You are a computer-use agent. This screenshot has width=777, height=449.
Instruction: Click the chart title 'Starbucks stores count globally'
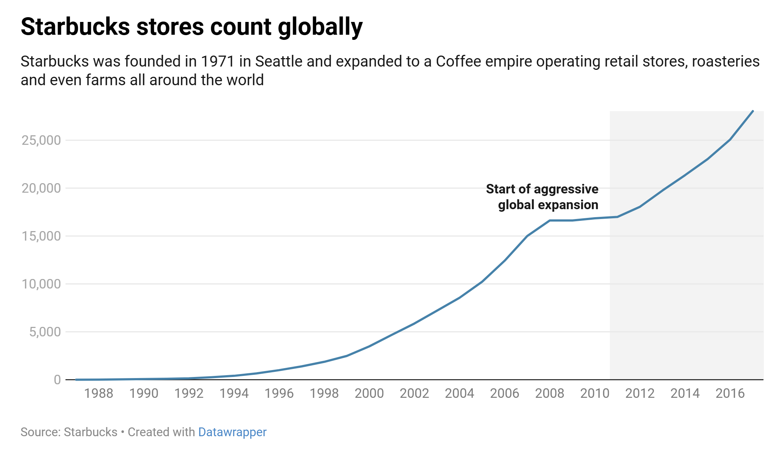pyautogui.click(x=191, y=27)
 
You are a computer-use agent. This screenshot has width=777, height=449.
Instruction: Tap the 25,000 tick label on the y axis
pyautogui.click(x=41, y=140)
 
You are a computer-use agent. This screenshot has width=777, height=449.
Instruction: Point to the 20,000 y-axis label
pyautogui.click(x=41, y=188)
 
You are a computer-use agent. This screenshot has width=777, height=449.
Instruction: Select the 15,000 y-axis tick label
pyautogui.click(x=41, y=236)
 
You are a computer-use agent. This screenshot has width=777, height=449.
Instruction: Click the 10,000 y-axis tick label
pyautogui.click(x=41, y=284)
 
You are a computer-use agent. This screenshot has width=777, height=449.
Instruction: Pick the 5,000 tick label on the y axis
pyautogui.click(x=45, y=332)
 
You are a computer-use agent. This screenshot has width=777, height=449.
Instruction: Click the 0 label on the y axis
pyautogui.click(x=57, y=380)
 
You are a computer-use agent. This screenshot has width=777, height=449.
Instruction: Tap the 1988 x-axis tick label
pyautogui.click(x=98, y=393)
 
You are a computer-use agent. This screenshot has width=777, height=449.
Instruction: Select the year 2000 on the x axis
pyautogui.click(x=369, y=393)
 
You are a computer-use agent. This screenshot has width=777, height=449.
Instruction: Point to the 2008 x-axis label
pyautogui.click(x=549, y=393)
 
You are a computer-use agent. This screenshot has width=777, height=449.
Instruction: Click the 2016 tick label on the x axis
pyautogui.click(x=730, y=393)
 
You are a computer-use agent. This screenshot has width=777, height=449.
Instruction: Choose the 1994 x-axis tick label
pyautogui.click(x=234, y=393)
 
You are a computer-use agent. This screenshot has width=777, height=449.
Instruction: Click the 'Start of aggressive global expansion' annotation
pyautogui.click(x=542, y=197)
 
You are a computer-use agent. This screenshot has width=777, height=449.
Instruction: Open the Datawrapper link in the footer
pyautogui.click(x=232, y=432)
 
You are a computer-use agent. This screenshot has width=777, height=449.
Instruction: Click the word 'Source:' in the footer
pyautogui.click(x=41, y=432)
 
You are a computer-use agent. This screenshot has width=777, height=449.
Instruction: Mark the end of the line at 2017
pyautogui.click(x=752, y=111)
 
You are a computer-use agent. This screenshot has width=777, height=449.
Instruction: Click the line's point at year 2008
pyautogui.click(x=549, y=220)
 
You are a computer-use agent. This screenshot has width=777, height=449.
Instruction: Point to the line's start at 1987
pyautogui.click(x=76, y=380)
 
